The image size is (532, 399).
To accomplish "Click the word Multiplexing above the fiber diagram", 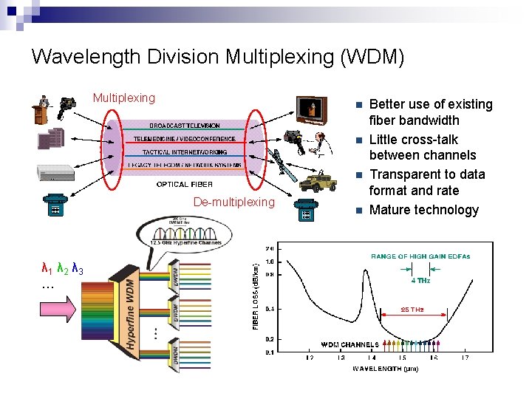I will click(124, 98).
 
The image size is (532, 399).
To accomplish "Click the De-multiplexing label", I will click(233, 202).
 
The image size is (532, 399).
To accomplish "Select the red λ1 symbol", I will click(47, 270).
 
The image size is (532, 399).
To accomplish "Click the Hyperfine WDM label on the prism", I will click(130, 314).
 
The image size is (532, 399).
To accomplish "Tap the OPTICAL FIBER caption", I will click(185, 184).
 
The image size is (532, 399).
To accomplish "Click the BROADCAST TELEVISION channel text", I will click(185, 126).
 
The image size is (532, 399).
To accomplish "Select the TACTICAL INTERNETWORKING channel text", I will click(185, 151).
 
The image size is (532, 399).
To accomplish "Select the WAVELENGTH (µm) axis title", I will click(385, 369).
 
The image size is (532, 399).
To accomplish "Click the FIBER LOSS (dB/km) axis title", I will click(256, 297).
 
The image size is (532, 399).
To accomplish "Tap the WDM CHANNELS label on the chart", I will click(349, 344).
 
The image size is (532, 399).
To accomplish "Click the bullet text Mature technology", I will click(423, 210).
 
